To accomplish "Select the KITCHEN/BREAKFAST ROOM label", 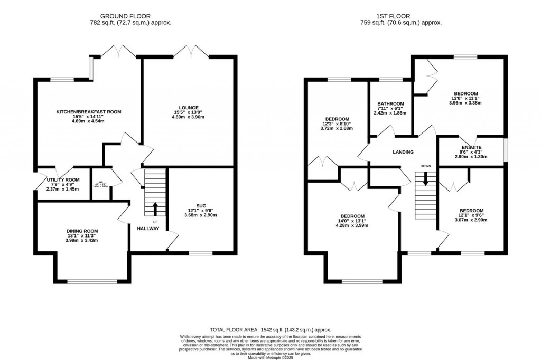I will click(x=89, y=112).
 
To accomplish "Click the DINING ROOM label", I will click(x=82, y=231).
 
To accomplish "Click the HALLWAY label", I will click(x=148, y=229).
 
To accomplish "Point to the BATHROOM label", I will click(x=391, y=103).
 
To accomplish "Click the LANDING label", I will click(x=403, y=152).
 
